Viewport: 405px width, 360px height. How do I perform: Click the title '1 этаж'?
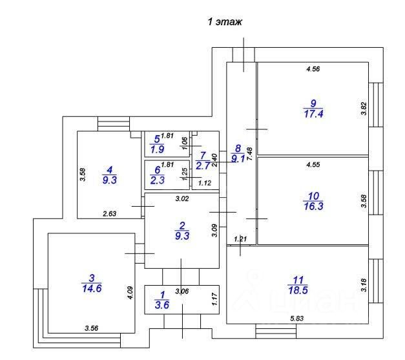coord(224,23)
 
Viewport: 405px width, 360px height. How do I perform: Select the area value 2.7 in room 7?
coord(203,166)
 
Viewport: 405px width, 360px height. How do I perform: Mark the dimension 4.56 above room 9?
coord(314,69)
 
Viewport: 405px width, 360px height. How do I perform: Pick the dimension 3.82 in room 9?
coord(363,109)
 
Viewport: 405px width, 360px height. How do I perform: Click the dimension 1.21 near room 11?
coord(240,239)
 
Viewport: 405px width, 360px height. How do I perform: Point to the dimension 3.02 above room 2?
coord(183,199)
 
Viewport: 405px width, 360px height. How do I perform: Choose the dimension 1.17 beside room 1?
coord(214,299)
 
